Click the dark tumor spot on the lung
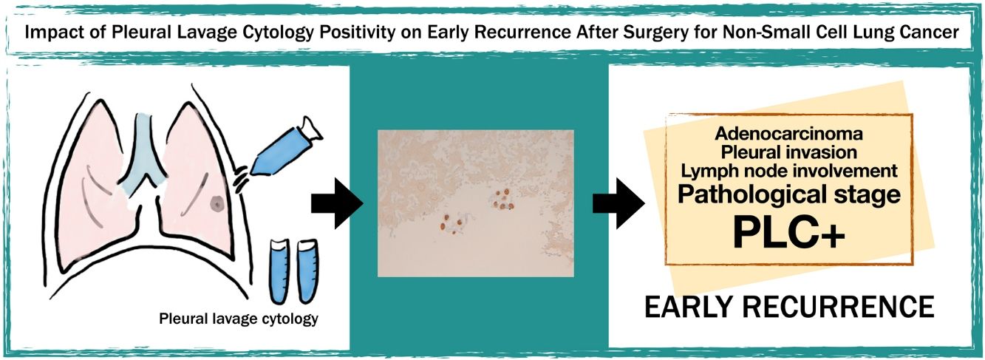217,203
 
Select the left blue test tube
280,271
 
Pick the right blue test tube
308,271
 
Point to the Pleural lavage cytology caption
239,319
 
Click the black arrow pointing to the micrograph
337,203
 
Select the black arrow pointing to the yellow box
618,203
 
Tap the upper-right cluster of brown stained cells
503,200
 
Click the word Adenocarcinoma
788,133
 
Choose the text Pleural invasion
789,152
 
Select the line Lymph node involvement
789,171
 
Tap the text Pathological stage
789,194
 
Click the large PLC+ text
789,233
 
